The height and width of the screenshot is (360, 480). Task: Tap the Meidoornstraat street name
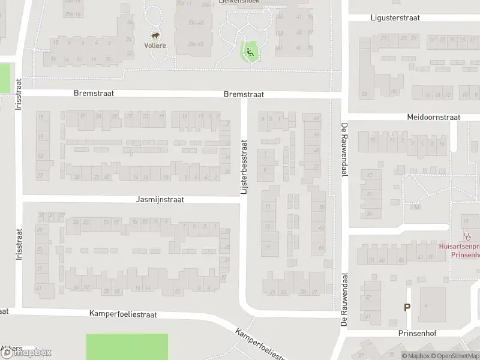click(x=433, y=117)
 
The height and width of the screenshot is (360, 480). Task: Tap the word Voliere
click(x=155, y=45)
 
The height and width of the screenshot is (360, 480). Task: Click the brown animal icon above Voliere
click(x=155, y=36)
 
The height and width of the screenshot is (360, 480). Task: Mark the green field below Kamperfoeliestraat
click(x=127, y=347)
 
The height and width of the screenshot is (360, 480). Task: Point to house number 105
click(x=279, y=16)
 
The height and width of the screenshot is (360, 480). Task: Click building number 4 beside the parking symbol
click(x=426, y=305)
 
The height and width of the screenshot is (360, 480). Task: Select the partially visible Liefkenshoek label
click(x=239, y=2)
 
